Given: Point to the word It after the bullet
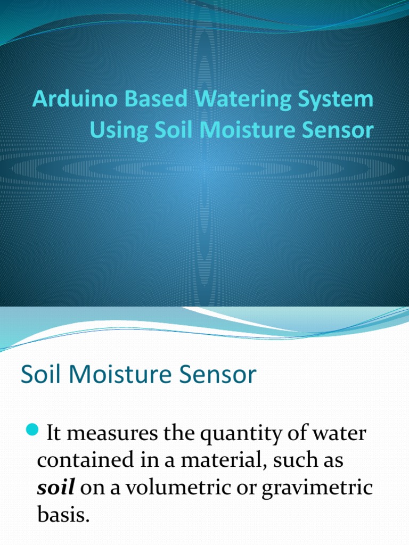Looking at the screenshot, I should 55,434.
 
